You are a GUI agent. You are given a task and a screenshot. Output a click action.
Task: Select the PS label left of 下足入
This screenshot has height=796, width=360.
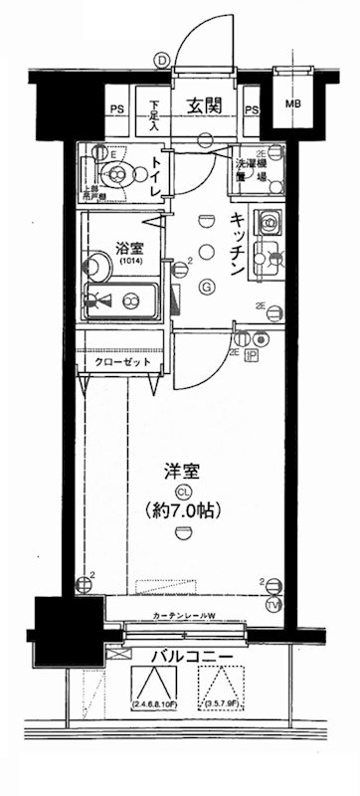pos(117,109)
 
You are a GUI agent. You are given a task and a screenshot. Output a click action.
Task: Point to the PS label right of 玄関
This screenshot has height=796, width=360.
pos(252,109)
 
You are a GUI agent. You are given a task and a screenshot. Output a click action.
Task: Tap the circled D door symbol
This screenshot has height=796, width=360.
pos(162,59)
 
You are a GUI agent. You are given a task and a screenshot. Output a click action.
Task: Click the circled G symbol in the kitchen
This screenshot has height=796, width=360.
pos(206,289)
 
